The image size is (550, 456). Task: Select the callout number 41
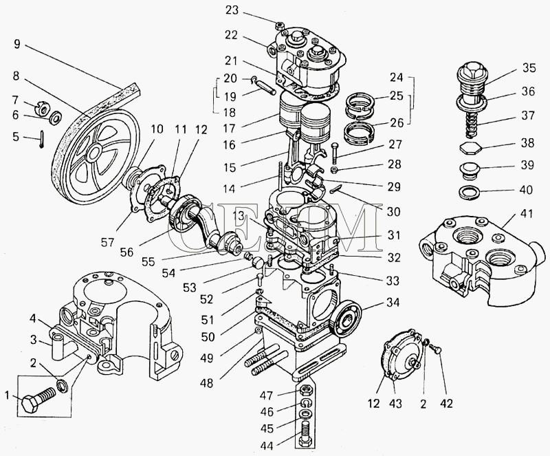coord(526,214)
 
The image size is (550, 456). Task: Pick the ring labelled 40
coord(470,192)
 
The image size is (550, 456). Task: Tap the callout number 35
coord(529,68)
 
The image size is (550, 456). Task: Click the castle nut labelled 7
coord(43,109)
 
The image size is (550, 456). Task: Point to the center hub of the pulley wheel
coord(96,153)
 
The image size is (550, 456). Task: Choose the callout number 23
coord(232,11)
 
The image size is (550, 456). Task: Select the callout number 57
coord(107,242)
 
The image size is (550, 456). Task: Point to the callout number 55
coord(148,261)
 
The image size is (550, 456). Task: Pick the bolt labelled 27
coord(334,153)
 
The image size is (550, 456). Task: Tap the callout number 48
coord(206,383)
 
